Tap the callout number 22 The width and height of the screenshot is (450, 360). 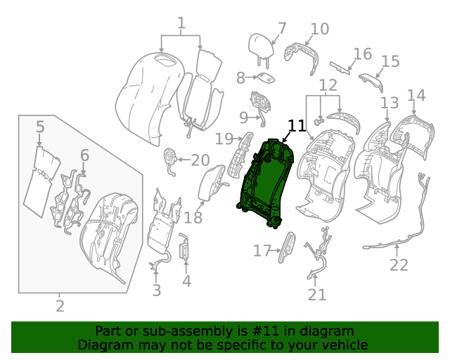coord(399,265)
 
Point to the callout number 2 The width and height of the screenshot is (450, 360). coord(60,306)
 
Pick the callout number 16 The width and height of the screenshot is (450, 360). coord(362,54)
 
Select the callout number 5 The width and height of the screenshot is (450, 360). coord(40,127)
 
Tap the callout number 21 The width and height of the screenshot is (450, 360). coord(317,295)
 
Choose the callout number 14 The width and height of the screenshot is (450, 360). coord(416,95)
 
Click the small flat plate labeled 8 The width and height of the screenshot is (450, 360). coord(265,78)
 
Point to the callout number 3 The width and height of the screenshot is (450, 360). coord(156,290)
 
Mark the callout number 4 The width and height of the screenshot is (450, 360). coord(186,282)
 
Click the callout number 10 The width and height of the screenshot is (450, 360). coord(319,29)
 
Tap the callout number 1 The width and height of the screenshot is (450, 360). coord(181,25)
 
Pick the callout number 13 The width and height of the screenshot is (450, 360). coord(389,103)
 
